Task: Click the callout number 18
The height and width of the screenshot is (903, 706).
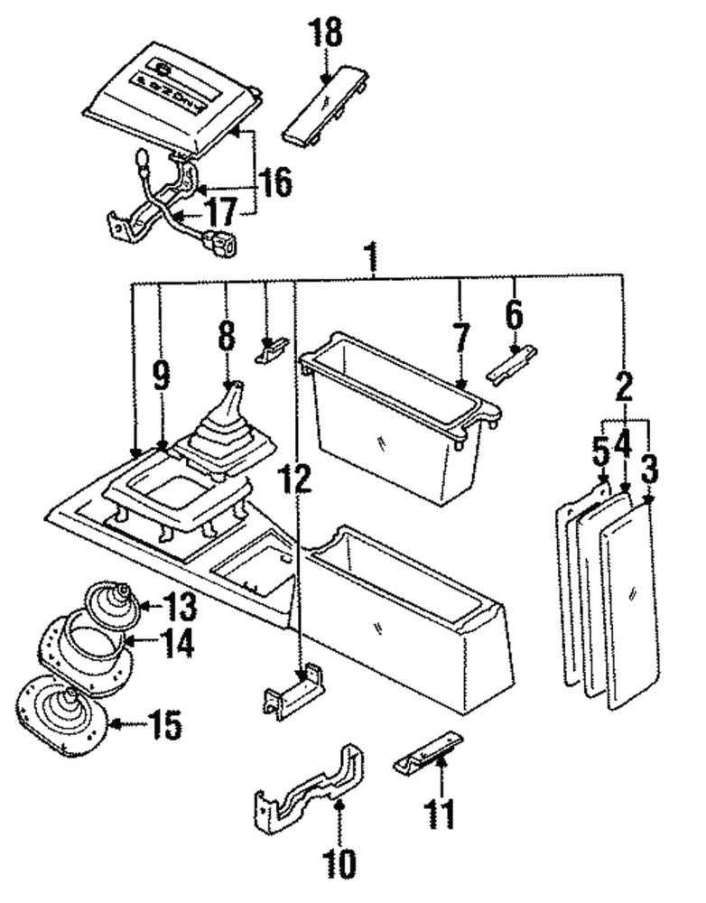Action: tap(326, 33)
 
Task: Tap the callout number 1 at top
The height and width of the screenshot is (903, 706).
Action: tap(370, 256)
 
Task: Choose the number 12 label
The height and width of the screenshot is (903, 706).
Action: tap(299, 479)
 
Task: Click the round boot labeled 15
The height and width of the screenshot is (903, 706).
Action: tap(61, 713)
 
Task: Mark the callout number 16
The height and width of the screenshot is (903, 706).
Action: tap(276, 183)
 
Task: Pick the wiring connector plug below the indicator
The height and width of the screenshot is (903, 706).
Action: tap(220, 242)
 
